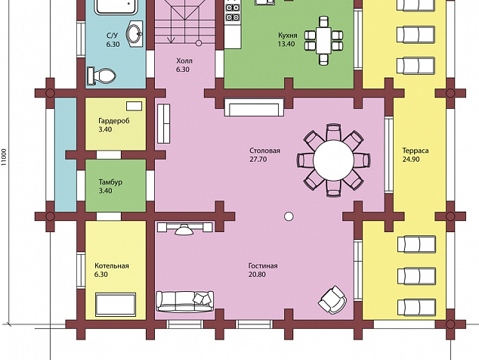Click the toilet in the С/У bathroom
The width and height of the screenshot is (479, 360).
tap(101, 75)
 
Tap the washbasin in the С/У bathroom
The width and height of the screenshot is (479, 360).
tap(134, 33)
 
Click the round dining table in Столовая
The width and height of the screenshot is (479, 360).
tap(333, 160)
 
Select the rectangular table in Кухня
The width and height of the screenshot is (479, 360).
tap(323, 41)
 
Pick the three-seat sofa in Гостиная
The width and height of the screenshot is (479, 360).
tap(185, 301)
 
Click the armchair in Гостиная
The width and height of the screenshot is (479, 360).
tap(332, 299)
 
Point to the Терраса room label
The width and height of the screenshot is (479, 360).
tap(415, 151)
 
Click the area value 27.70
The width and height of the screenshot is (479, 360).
tap(258, 160)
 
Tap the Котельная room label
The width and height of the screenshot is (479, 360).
tap(112, 265)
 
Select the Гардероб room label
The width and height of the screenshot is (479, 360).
tap(114, 120)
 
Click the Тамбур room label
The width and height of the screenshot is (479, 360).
tap(110, 182)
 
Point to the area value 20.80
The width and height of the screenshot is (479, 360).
tap(257, 275)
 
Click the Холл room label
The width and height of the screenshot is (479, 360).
tap(184, 61)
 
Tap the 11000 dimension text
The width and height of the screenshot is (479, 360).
tap(4, 157)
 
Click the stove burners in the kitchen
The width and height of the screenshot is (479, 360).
tap(232, 12)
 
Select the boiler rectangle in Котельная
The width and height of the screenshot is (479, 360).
tap(116, 305)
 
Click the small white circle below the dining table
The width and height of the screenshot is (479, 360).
tap(289, 216)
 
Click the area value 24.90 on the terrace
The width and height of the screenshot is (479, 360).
tap(411, 159)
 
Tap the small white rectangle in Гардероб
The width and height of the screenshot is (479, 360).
tap(134, 106)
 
